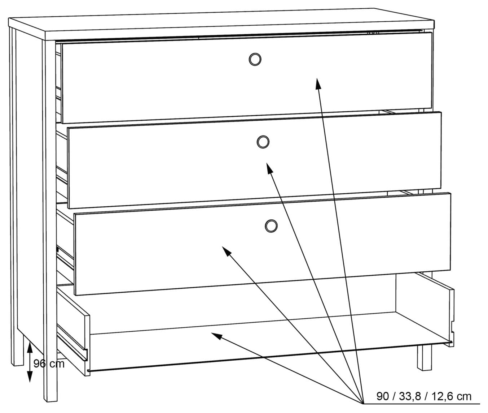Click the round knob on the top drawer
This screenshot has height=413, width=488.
[255, 60]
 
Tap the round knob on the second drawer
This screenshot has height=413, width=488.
[263, 142]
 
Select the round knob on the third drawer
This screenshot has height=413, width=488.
[271, 226]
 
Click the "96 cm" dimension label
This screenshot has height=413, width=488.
[49, 363]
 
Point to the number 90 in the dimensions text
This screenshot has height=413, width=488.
[383, 396]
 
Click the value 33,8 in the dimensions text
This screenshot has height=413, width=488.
[410, 396]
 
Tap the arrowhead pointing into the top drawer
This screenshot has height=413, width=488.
[318, 83]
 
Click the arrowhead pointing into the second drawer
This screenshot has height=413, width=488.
[269, 168]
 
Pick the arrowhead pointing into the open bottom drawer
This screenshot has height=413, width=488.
[217, 336]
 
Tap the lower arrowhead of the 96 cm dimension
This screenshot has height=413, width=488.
[30, 377]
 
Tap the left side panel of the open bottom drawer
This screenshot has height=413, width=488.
[73, 330]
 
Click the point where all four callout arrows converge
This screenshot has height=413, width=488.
[363, 404]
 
